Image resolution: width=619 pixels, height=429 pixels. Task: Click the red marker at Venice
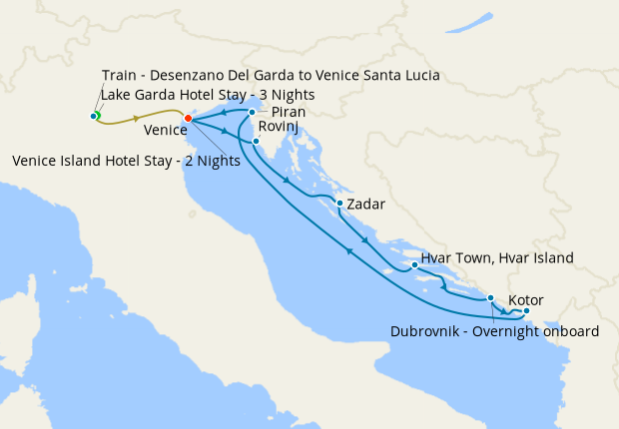point(188,120)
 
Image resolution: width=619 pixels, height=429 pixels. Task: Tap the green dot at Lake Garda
point(96,116)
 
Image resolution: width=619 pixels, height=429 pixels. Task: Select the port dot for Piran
point(252,113)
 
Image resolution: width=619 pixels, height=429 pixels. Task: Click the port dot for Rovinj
point(257,142)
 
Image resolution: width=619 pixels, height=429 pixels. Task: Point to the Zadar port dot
point(340,204)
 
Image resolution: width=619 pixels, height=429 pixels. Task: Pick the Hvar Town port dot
point(414,265)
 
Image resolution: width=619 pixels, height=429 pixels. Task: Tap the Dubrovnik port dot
point(490,298)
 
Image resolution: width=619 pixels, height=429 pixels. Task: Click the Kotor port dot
point(526,311)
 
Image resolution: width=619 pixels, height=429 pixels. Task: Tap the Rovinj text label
point(277,128)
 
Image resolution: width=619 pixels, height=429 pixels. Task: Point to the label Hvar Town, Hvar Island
point(497,258)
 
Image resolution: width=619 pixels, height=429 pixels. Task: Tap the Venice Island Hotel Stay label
point(124,161)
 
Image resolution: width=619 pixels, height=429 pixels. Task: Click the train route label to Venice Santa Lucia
point(271,76)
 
